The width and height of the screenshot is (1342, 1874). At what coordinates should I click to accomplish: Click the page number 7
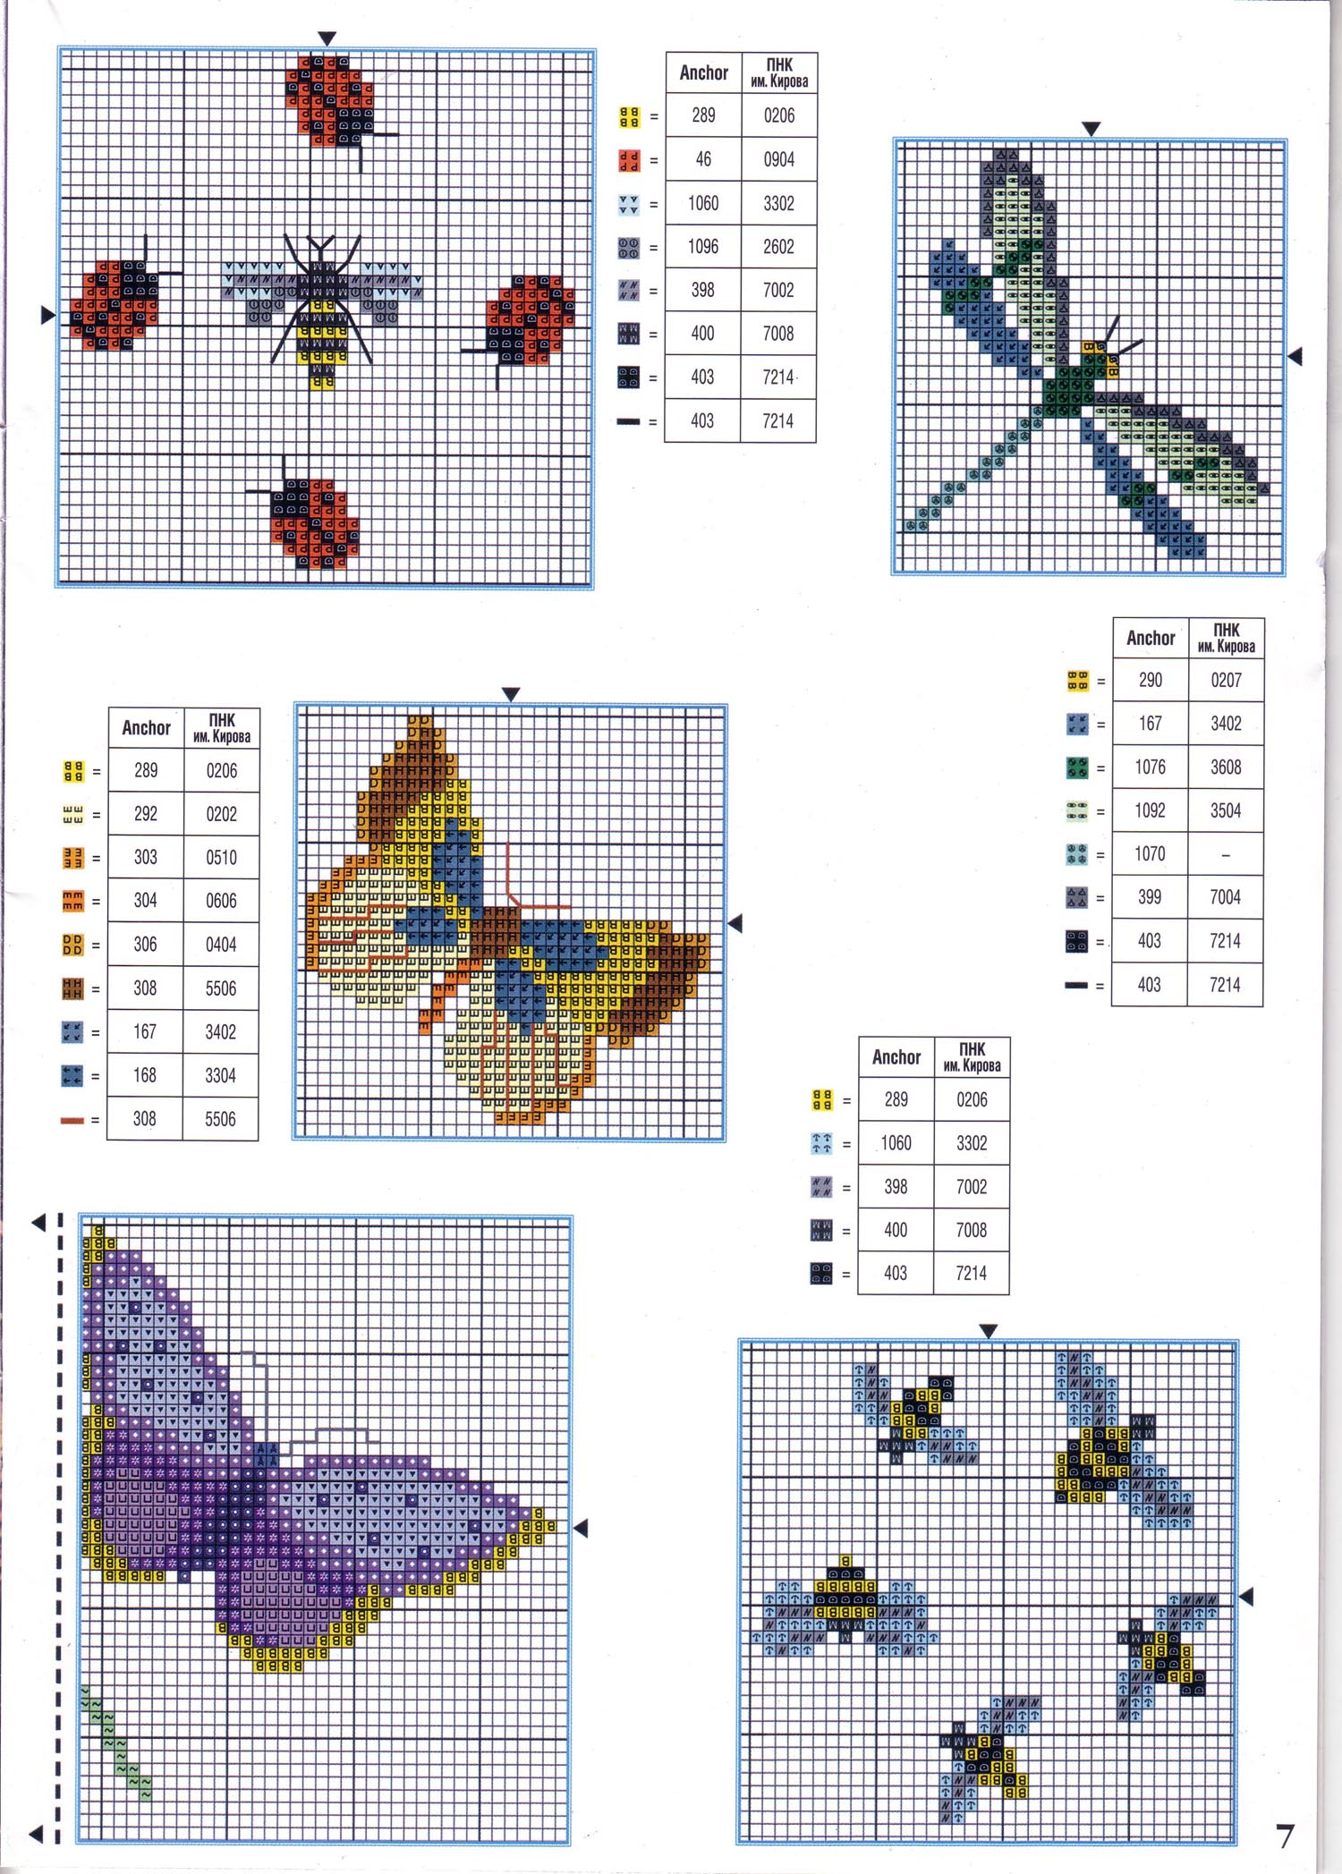click(x=1285, y=1836)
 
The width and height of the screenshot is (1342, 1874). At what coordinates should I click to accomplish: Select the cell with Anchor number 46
click(x=703, y=159)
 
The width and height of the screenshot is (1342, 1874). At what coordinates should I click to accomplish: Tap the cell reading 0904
click(x=778, y=159)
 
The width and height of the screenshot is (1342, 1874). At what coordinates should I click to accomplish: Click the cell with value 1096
click(x=703, y=247)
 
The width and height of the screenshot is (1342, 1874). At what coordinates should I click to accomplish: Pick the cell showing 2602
click(x=778, y=247)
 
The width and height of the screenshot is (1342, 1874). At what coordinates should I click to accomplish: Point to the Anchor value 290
click(x=1151, y=680)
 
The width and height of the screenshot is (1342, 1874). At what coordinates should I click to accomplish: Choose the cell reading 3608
click(x=1226, y=767)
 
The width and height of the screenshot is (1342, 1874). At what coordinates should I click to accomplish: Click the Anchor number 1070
click(x=1151, y=854)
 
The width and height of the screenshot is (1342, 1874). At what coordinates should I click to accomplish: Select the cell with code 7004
click(x=1226, y=897)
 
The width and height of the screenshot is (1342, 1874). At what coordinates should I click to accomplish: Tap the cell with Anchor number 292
click(x=146, y=814)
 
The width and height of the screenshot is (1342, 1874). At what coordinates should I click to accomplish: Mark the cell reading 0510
click(x=221, y=857)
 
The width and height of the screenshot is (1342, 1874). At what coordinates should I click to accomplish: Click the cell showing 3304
click(x=221, y=1075)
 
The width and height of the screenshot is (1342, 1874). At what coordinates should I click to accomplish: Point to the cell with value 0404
click(x=221, y=945)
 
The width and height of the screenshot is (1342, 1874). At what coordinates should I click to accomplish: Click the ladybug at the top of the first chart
click(x=330, y=100)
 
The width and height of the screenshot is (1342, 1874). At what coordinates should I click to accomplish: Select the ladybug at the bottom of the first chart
click(x=315, y=523)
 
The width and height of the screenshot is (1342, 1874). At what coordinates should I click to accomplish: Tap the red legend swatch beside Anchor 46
click(x=629, y=161)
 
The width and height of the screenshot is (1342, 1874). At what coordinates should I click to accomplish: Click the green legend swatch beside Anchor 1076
click(x=1077, y=767)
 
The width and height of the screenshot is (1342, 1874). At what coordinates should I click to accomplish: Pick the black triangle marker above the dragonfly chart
click(x=1091, y=129)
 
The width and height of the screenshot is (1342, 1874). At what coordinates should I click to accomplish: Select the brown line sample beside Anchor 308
click(x=72, y=1120)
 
